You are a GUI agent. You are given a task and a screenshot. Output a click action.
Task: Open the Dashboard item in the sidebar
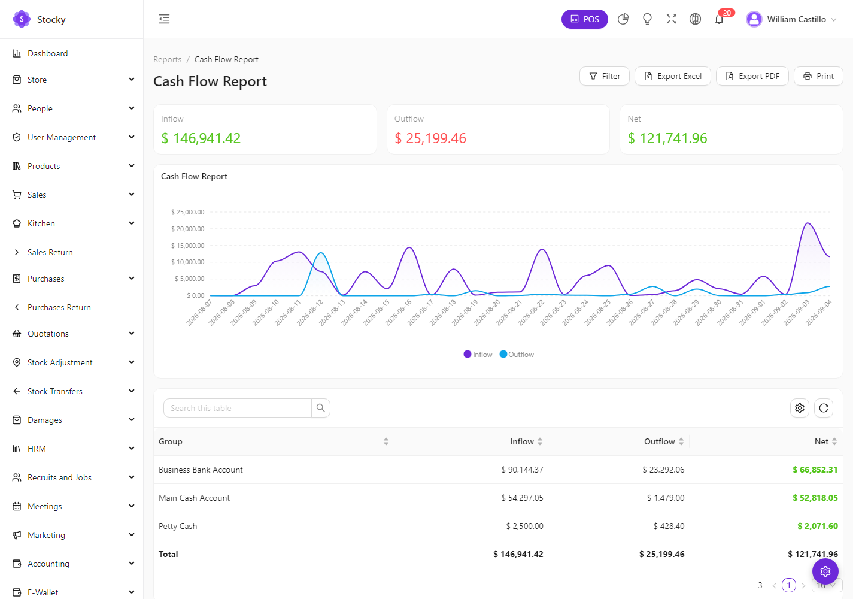click(x=48, y=54)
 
